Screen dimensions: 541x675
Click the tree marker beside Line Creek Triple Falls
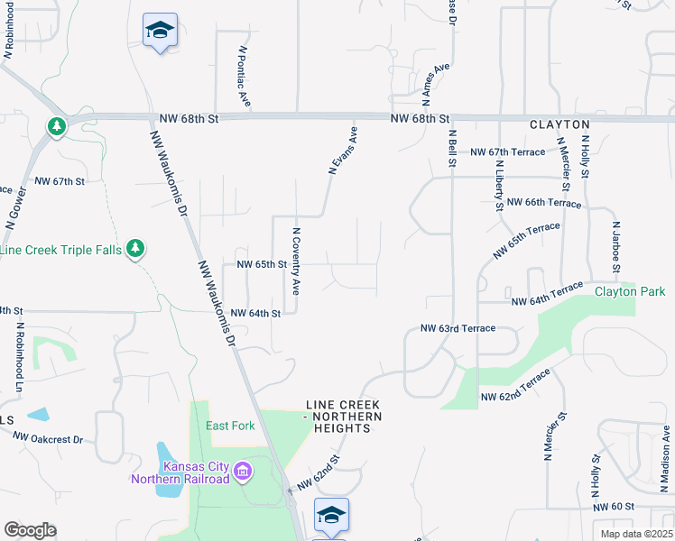[x=135, y=248]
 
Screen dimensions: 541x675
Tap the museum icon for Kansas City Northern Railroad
[x=242, y=471]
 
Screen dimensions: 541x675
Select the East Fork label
[x=230, y=426]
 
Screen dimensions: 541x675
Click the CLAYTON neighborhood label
[x=559, y=124]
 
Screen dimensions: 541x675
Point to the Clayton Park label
[x=629, y=291]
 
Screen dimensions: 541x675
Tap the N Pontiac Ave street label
[x=244, y=77]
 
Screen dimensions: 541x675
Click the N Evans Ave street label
[x=344, y=150]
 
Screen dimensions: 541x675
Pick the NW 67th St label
[x=59, y=181]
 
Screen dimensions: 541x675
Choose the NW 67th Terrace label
[x=510, y=151]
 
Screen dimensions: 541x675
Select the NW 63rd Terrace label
[x=458, y=329]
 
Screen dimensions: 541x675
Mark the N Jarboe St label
[x=616, y=247]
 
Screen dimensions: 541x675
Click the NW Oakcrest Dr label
[x=48, y=439]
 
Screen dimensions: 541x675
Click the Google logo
[x=30, y=530]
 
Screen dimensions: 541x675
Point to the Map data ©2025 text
[x=636, y=534]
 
